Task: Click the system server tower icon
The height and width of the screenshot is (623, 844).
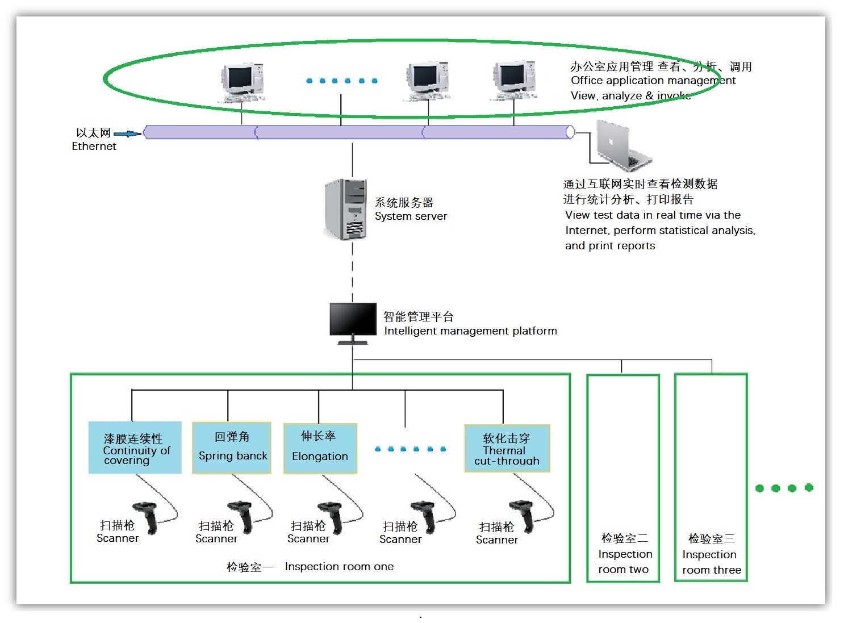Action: (x=345, y=209)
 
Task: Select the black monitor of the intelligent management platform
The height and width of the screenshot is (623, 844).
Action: (x=353, y=320)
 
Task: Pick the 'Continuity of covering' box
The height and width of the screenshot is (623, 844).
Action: (x=135, y=448)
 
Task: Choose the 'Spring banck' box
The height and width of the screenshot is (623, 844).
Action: (x=232, y=448)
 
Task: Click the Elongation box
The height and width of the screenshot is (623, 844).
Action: (x=320, y=448)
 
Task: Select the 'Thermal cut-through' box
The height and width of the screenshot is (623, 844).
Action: (x=507, y=449)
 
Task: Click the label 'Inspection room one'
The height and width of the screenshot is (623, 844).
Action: (x=339, y=566)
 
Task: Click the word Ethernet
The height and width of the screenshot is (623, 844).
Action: (x=94, y=146)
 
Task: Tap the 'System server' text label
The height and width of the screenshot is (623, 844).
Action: (x=411, y=216)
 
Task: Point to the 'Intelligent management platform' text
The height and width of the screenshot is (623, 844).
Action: (x=470, y=331)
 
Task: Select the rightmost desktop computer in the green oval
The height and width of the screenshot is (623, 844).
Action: (x=513, y=80)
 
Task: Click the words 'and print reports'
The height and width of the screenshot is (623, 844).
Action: (x=610, y=245)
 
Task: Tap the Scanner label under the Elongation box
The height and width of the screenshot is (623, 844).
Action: (x=308, y=538)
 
